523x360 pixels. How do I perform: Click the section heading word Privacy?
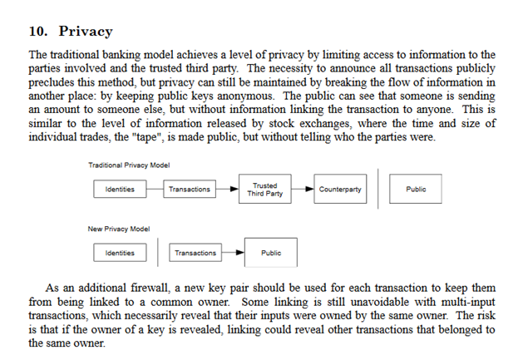click(x=86, y=32)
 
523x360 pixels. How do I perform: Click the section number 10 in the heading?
click(x=37, y=31)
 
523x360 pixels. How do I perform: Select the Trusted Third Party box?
click(x=265, y=189)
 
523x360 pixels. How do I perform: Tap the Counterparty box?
click(x=340, y=189)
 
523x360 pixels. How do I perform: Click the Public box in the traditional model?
click(x=416, y=189)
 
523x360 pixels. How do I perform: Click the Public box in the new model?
click(x=271, y=253)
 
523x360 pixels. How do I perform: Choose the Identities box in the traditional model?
click(x=120, y=189)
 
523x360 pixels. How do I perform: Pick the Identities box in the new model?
click(x=120, y=253)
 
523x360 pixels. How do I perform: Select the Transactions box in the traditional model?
click(x=190, y=189)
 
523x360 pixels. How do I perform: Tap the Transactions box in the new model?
click(x=195, y=253)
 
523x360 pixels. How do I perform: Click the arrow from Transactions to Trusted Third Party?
click(x=227, y=189)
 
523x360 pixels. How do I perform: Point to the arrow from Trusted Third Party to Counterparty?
click(x=303, y=189)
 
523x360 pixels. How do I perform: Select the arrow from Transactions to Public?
click(x=233, y=252)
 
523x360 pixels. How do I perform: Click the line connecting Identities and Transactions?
click(x=155, y=189)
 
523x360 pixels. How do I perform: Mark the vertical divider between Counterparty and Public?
click(x=378, y=189)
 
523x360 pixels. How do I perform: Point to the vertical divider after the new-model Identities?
click(x=158, y=252)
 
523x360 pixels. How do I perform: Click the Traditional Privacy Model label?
click(x=129, y=165)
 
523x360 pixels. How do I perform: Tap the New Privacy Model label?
click(x=119, y=229)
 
